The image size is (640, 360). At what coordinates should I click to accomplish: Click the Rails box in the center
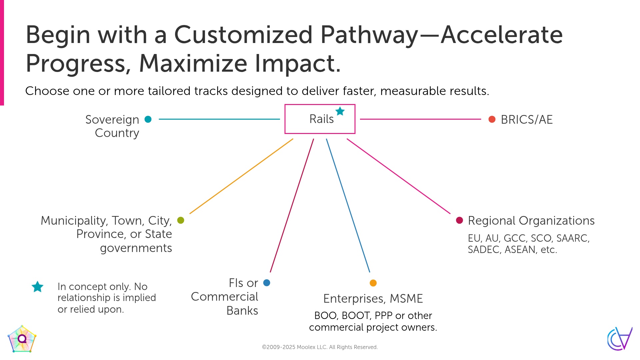tap(320, 119)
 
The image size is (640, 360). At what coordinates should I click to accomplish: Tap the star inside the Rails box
tap(340, 111)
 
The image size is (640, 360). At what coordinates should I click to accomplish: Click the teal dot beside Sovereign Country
tap(148, 119)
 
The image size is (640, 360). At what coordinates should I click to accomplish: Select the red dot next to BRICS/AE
tap(492, 119)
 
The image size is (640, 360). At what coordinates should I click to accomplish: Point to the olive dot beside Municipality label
tap(181, 220)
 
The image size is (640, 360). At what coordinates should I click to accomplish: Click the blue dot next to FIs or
tap(267, 283)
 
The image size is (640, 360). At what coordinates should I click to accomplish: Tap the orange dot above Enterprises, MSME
tap(373, 283)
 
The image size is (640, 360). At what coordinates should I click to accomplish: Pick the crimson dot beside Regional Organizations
tap(459, 220)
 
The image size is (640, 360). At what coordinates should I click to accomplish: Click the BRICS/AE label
tap(527, 120)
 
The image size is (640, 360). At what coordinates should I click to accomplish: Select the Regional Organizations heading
tap(531, 221)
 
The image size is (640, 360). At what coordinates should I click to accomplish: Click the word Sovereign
tap(112, 120)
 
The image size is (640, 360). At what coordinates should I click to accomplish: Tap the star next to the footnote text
tap(37, 287)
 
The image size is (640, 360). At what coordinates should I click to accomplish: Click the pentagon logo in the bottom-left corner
tap(22, 339)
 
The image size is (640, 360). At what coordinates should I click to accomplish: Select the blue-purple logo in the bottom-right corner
tap(619, 339)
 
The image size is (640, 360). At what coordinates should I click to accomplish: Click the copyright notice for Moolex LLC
tap(320, 347)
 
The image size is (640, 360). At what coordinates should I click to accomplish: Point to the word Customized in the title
tap(243, 35)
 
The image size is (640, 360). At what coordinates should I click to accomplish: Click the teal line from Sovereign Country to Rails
tap(219, 119)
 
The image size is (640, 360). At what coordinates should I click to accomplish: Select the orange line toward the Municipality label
tap(241, 176)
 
